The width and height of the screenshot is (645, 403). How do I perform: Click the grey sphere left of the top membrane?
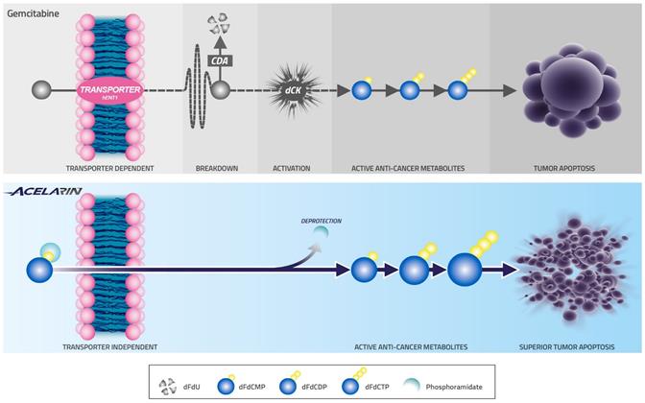click(x=41, y=91)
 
